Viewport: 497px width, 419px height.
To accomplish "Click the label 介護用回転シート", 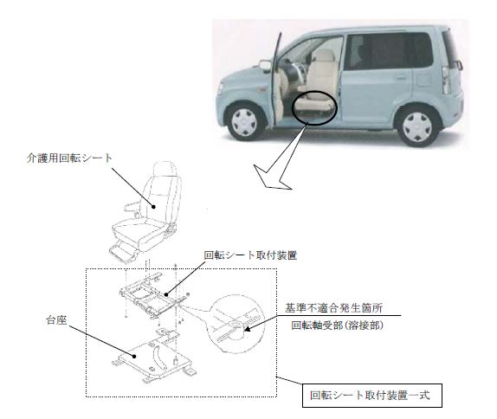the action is click(69, 158).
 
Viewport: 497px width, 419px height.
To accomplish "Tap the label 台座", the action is click(56, 320).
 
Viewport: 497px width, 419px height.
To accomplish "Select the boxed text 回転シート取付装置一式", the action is click(370, 396).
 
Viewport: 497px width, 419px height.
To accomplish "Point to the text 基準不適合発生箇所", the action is click(333, 307).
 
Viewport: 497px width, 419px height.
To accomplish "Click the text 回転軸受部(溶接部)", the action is click(338, 326).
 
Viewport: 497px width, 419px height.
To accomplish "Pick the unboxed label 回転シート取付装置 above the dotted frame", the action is click(250, 255).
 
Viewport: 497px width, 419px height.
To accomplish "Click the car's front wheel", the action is click(245, 122).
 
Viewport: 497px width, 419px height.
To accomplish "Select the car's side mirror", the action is click(265, 66).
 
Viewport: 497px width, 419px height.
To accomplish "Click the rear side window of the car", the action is click(389, 51).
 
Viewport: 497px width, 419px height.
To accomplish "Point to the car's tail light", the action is click(446, 80).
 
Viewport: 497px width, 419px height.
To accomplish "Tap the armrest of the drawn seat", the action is click(132, 206).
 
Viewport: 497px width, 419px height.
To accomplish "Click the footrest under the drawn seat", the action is click(123, 252).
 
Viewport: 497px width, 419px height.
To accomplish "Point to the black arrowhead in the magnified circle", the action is click(248, 329).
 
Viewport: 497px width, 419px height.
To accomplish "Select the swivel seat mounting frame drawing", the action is click(148, 294).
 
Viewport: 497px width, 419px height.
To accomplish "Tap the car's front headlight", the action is click(220, 88).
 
